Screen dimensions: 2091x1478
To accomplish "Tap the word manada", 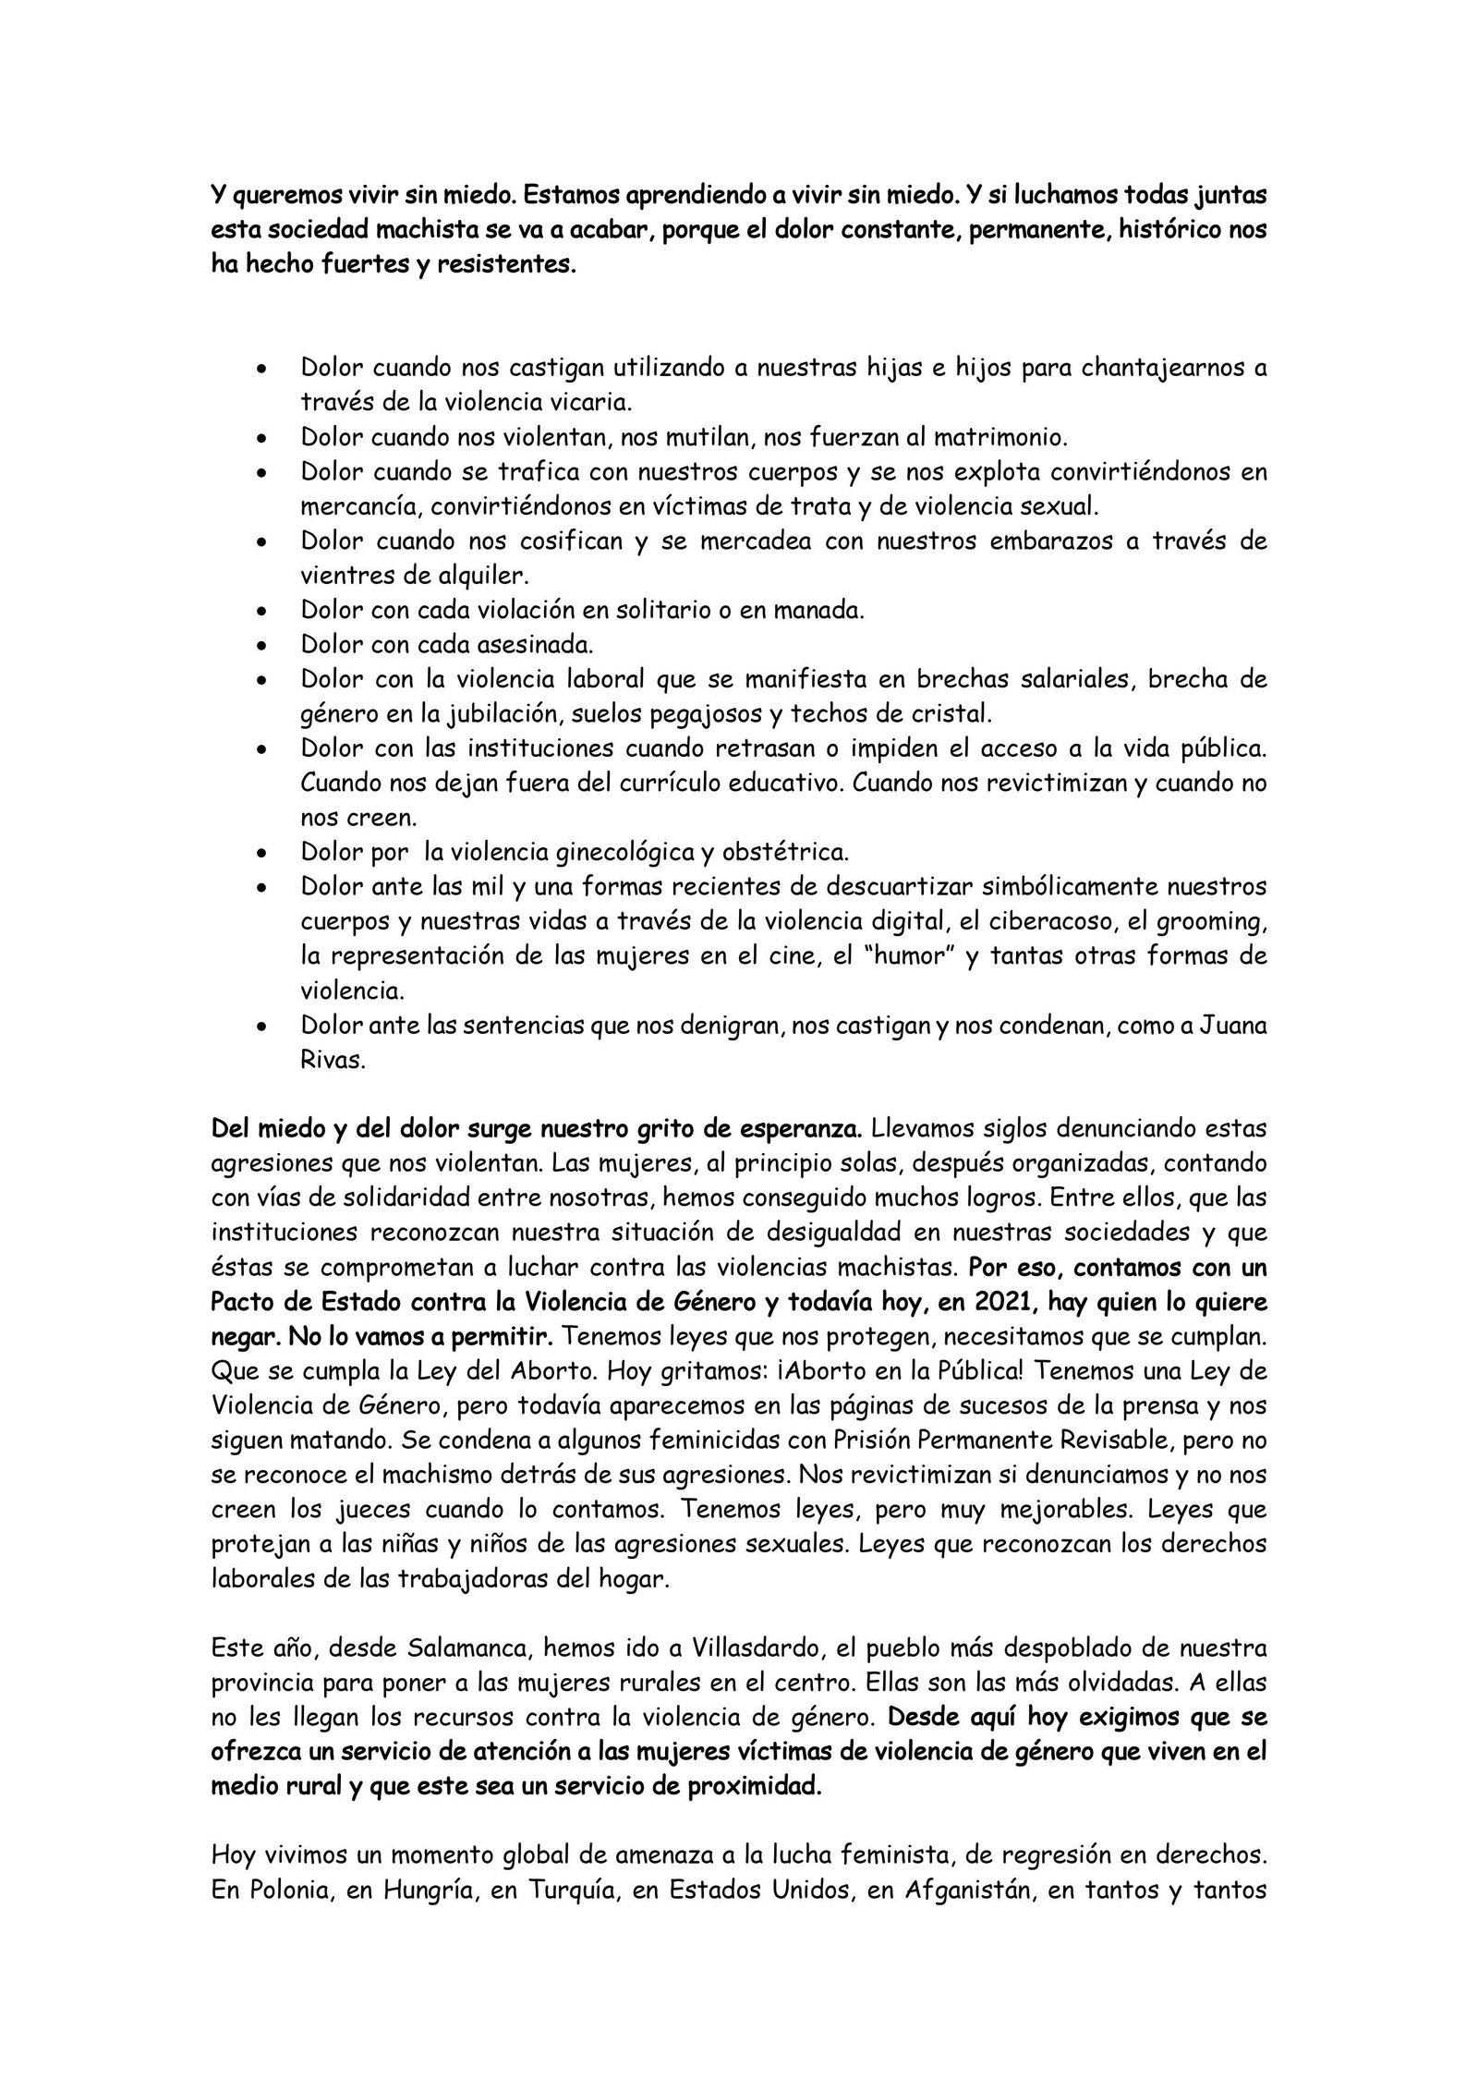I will pos(818,611).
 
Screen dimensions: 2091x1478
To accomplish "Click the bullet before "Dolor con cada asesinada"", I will pos(262,646).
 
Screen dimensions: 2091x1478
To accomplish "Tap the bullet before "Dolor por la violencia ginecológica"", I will pos(262,854).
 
